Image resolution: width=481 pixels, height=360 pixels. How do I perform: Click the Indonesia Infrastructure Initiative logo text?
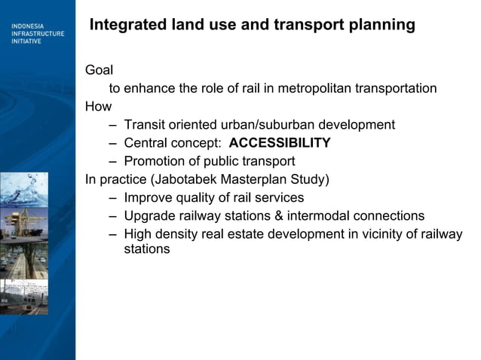[37, 34]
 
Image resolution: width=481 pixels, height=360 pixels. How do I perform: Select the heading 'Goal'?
[99, 70]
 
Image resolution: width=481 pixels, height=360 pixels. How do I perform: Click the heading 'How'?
[98, 107]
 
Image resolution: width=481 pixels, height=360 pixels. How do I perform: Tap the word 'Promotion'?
[154, 161]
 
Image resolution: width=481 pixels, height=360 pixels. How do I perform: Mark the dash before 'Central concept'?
[112, 143]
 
